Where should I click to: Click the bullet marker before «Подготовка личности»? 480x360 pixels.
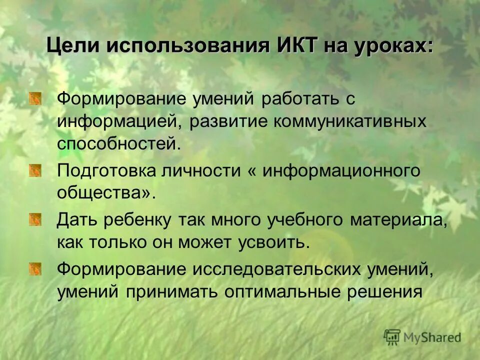[35, 171]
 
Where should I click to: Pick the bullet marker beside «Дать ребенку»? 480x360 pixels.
[35, 219]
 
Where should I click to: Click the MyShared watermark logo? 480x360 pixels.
[423, 337]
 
